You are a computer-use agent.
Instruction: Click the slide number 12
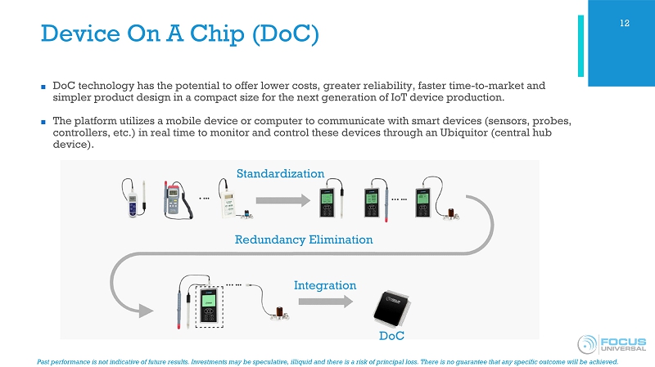625,24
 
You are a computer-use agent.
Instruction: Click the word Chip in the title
217,34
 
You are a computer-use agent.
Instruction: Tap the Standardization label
280,173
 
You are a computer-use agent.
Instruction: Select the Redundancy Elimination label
304,239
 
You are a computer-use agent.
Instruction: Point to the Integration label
325,285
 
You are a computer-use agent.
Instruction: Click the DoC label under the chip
391,336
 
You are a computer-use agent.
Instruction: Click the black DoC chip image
391,309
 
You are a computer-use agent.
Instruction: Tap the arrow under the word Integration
326,301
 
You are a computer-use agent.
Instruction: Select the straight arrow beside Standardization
282,200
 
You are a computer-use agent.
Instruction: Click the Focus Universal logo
612,344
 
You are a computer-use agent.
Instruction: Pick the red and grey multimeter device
177,200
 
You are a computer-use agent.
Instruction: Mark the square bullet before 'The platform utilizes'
43,122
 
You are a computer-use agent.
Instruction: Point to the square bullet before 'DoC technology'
43,87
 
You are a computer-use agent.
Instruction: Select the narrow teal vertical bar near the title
580,46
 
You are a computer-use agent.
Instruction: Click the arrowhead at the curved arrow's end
146,311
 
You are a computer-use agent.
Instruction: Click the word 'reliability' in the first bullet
387,86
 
